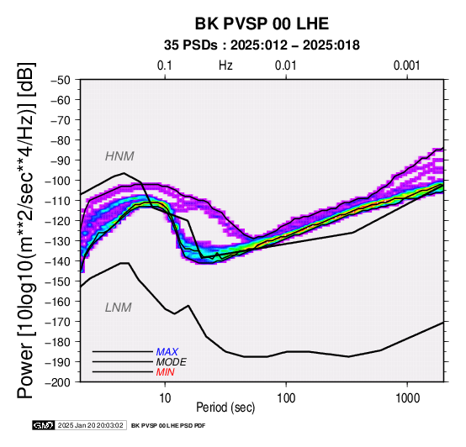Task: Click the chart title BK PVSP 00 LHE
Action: (262, 24)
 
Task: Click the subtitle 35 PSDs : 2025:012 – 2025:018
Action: (262, 45)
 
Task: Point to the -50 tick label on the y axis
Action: (61, 80)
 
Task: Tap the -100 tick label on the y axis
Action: (58, 181)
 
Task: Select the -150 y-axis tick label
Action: (58, 281)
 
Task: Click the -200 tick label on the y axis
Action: (58, 381)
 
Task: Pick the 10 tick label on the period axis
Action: (165, 397)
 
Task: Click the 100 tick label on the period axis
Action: (286, 397)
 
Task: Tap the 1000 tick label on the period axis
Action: (407, 397)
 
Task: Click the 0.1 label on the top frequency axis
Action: (165, 66)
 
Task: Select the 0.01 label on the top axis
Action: (286, 66)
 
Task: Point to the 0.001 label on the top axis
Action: (406, 66)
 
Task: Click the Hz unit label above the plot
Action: (225, 66)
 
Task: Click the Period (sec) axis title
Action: (225, 408)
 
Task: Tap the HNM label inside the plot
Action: (119, 156)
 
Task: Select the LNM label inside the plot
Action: (119, 308)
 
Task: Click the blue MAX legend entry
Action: (167, 352)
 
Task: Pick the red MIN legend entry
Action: (165, 372)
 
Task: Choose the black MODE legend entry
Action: (172, 362)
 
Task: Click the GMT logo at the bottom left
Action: (44, 425)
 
